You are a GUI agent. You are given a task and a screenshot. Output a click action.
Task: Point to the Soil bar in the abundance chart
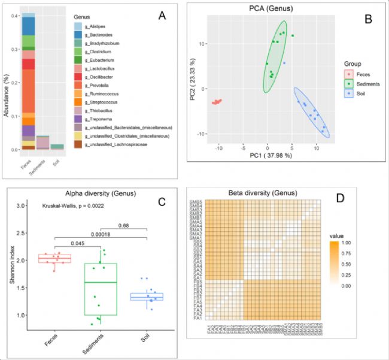[x=57, y=147]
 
